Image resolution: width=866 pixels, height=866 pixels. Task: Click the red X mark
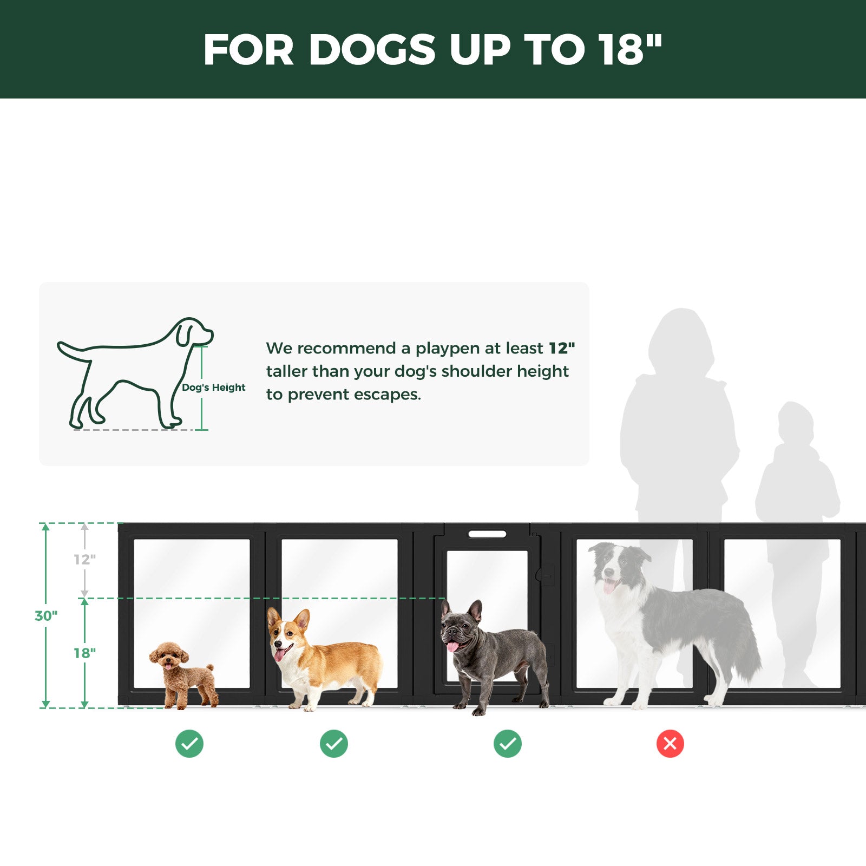tap(670, 744)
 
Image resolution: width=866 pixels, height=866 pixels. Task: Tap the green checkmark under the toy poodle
tap(189, 744)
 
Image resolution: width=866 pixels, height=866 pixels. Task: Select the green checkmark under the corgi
tap(334, 744)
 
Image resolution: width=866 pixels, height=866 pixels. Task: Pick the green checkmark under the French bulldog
tap(508, 744)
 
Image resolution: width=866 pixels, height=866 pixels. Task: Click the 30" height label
tap(46, 616)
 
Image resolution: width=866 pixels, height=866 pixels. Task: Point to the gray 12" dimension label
tap(85, 560)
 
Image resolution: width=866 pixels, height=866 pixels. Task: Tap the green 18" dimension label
tap(85, 653)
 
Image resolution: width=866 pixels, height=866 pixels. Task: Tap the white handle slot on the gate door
tap(487, 534)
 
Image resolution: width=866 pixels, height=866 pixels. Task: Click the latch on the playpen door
tap(546, 574)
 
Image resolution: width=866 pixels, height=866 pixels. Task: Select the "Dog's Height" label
tap(214, 388)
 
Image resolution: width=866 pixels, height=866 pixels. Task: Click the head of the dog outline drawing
tap(192, 331)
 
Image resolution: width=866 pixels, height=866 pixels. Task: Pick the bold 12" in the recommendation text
tap(562, 348)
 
